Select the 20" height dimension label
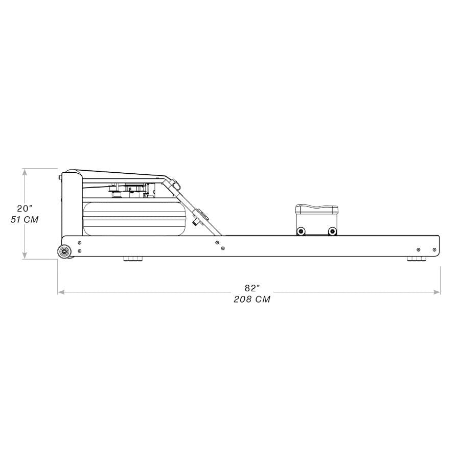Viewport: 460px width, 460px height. point(24,209)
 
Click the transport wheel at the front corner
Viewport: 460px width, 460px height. point(64,251)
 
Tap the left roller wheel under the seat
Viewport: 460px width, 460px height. point(302,231)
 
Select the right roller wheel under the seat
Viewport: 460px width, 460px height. point(332,231)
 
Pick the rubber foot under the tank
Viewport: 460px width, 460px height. point(134,259)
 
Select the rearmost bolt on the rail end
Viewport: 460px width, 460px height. point(434,250)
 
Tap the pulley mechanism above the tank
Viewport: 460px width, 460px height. point(130,190)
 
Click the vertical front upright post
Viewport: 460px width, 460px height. point(72,204)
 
